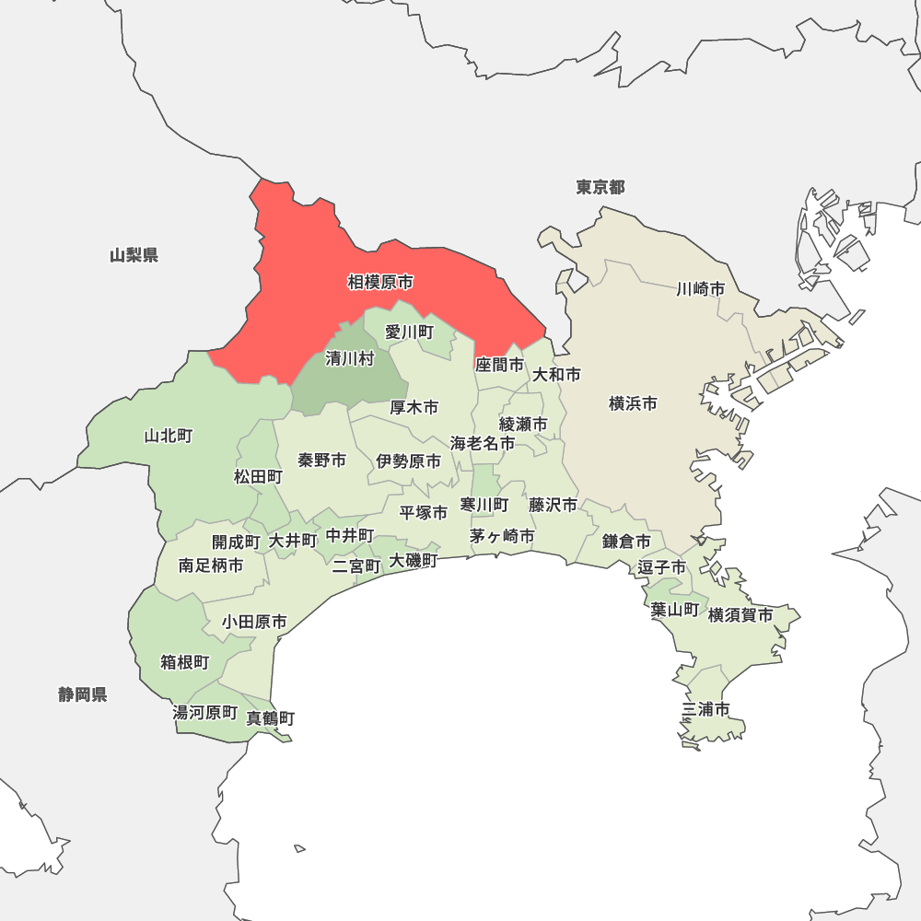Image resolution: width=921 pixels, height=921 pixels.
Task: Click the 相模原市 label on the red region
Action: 380,283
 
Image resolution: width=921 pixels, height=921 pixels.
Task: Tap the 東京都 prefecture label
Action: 600,188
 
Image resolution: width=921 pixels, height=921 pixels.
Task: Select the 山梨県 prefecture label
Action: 134,255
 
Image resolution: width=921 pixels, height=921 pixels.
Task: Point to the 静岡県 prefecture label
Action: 83,694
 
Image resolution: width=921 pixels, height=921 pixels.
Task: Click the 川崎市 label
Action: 700,289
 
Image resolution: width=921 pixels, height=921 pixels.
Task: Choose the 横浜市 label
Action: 634,403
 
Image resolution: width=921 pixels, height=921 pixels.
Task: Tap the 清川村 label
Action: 350,359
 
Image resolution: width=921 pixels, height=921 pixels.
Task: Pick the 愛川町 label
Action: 409,332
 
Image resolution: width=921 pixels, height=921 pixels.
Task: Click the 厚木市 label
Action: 414,407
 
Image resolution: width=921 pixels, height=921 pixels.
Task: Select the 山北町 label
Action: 169,436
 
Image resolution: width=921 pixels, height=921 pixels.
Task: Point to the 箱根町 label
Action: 185,662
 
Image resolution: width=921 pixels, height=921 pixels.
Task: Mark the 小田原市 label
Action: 254,623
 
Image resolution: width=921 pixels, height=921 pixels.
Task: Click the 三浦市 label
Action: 706,709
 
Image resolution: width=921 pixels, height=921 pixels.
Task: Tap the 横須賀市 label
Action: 740,614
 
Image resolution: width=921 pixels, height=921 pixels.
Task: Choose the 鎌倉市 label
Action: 627,541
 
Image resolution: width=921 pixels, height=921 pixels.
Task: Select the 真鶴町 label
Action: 271,717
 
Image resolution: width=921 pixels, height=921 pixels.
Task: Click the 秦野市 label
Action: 322,460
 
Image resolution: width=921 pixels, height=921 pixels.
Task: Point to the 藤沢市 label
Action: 554,505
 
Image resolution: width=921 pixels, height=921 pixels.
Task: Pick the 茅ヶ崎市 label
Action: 502,536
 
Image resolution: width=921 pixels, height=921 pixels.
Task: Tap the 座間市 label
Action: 499,365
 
